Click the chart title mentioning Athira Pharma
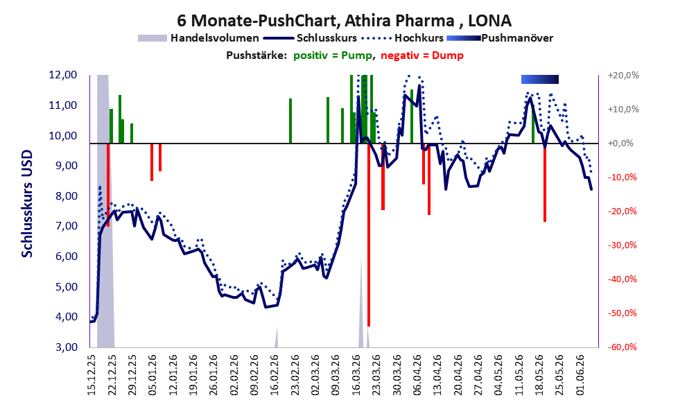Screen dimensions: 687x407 [x=344, y=20]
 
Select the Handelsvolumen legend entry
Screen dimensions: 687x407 [x=198, y=38]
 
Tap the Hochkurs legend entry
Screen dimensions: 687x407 [x=402, y=38]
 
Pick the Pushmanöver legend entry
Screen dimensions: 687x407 [x=499, y=38]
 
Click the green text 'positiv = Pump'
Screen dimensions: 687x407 [x=333, y=55]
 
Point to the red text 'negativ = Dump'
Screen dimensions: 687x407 [x=422, y=55]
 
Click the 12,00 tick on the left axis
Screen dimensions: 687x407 [x=63, y=75]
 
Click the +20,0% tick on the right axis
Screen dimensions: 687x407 [x=623, y=76]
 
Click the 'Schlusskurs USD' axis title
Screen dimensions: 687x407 [x=27, y=204]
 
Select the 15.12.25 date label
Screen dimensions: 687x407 [x=92, y=374]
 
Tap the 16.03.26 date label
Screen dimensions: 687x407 [x=356, y=374]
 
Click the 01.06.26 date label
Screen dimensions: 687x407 [x=580, y=374]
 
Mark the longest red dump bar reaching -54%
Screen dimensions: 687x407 [x=369, y=235]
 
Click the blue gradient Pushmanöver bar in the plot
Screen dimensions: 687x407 [x=540, y=79]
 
